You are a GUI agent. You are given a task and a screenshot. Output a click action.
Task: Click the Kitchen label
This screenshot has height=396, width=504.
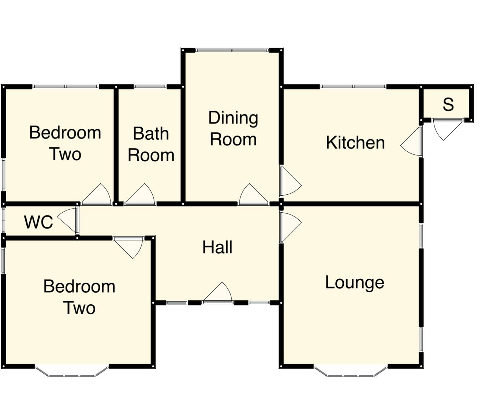click(x=355, y=143)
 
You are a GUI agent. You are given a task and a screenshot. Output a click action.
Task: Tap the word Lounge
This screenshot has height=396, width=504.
click(x=354, y=283)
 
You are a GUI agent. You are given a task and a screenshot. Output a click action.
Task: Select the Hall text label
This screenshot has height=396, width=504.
click(x=217, y=247)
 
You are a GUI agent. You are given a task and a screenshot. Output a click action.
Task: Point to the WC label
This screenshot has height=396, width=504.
click(x=38, y=222)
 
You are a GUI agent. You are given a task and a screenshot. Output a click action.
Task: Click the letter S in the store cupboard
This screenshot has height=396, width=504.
click(x=448, y=104)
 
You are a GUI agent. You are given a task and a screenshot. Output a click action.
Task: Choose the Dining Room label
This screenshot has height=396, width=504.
click(x=233, y=129)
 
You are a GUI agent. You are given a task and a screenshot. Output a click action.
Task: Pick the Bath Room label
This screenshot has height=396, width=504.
click(x=151, y=144)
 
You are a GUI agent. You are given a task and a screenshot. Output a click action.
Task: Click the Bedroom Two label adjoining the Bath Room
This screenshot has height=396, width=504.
click(x=65, y=143)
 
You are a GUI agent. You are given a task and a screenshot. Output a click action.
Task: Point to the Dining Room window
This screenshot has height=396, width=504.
click(x=232, y=50)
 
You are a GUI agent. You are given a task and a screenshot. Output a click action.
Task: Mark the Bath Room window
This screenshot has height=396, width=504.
click(x=150, y=87)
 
